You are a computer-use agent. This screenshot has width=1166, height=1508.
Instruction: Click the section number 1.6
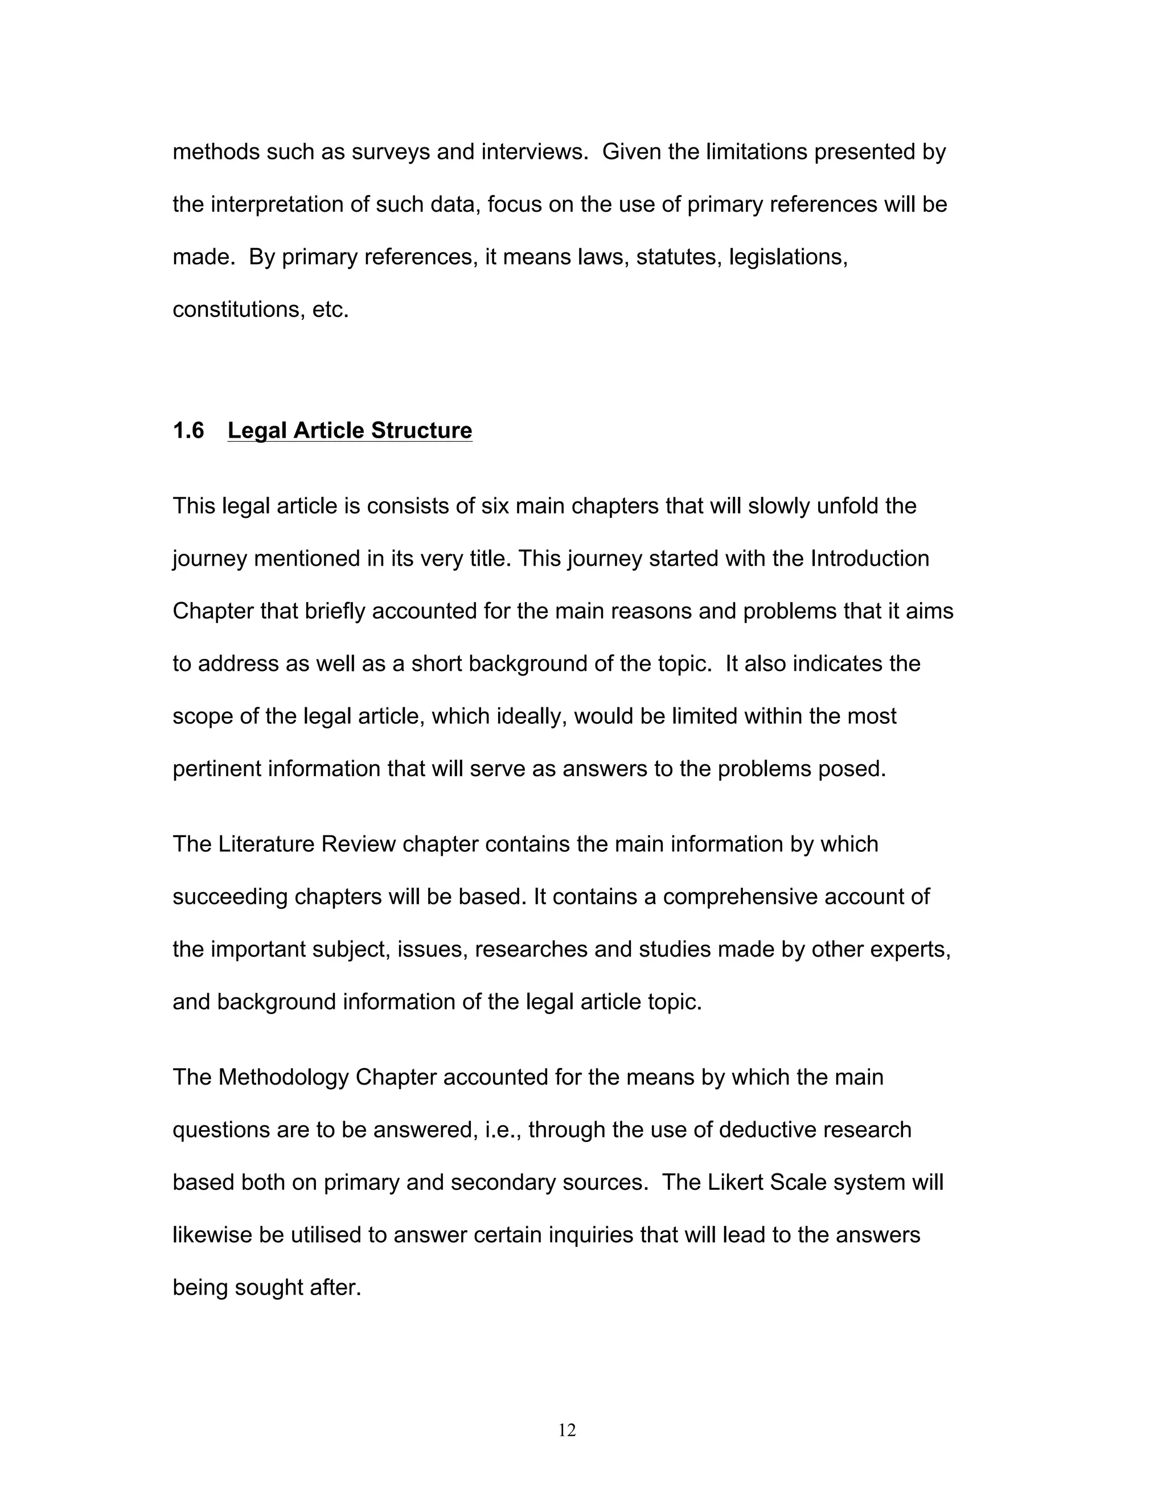(x=188, y=430)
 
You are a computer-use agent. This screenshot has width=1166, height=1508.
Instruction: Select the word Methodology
(x=283, y=1077)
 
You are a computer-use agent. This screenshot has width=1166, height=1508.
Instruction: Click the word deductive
(x=765, y=1130)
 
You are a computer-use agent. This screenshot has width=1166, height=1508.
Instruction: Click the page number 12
(x=567, y=1430)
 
